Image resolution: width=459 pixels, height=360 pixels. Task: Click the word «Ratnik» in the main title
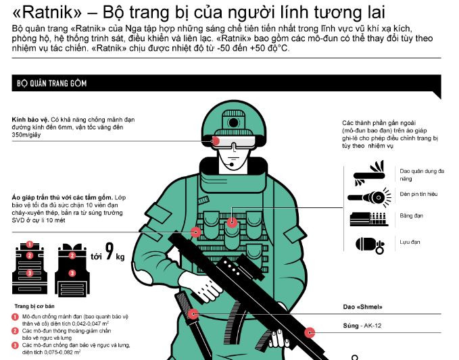[x=47, y=12]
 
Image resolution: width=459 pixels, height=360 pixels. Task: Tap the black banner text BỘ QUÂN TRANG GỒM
[x=52, y=83]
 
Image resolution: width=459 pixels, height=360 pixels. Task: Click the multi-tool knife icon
[x=369, y=174]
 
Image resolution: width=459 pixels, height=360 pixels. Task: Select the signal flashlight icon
[x=369, y=197]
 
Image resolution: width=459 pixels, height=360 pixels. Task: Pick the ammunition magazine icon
[x=369, y=219]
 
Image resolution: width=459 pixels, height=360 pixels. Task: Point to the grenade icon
[x=370, y=245]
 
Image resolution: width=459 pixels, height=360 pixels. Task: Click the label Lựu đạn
[x=410, y=242]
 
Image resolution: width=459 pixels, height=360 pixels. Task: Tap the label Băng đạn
[x=411, y=216]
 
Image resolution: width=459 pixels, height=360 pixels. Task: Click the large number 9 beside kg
[x=110, y=251]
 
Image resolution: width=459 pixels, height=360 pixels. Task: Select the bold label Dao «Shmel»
[x=363, y=307]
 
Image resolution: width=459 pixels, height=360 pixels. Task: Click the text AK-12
[x=372, y=326]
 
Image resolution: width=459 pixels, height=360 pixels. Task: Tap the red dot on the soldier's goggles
[x=216, y=141]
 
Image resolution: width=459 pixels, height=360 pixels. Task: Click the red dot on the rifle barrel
[x=310, y=332]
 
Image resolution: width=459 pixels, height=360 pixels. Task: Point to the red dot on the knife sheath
[x=193, y=314]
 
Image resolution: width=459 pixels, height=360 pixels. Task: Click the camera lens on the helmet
[x=233, y=122]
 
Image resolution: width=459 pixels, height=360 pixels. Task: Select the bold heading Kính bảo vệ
[x=30, y=120]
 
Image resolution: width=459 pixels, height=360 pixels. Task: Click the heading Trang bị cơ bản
[x=34, y=306]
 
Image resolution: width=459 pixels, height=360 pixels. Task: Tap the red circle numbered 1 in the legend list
[x=16, y=317]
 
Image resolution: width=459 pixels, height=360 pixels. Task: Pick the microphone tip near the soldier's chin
[x=232, y=165]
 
